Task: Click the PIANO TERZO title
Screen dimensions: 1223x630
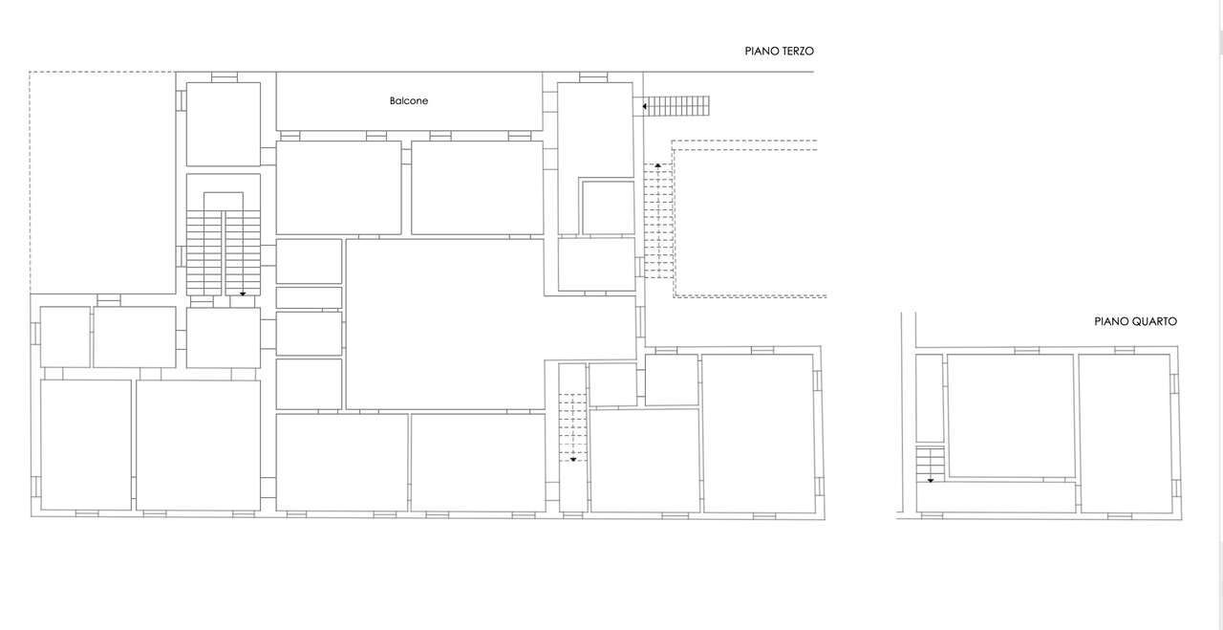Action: [779, 52]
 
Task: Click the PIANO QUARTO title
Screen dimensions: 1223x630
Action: [1136, 322]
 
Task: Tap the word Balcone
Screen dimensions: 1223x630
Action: [409, 101]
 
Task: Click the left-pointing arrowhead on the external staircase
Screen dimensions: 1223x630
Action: [645, 106]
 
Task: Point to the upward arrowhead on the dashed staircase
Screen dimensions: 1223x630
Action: [658, 164]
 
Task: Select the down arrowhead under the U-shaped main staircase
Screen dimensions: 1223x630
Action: [243, 293]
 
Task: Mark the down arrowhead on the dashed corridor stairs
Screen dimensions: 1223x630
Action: [573, 460]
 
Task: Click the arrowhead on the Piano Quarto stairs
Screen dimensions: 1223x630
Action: [931, 481]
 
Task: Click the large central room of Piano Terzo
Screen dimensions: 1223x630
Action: [445, 324]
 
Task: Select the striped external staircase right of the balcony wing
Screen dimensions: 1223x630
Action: [676, 106]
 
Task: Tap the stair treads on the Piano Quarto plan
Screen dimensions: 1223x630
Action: [930, 464]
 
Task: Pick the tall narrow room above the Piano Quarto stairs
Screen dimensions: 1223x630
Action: [930, 399]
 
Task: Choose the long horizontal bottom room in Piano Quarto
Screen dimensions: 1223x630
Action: [996, 497]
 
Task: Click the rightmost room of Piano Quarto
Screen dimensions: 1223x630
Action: [1125, 433]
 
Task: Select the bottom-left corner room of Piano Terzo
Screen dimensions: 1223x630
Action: [86, 445]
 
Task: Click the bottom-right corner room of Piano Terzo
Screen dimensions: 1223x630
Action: [759, 433]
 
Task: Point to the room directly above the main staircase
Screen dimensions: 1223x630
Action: [224, 124]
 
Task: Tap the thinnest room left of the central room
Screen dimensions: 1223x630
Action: [309, 297]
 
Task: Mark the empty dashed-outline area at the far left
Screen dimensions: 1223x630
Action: [102, 183]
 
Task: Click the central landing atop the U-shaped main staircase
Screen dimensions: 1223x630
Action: [224, 201]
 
